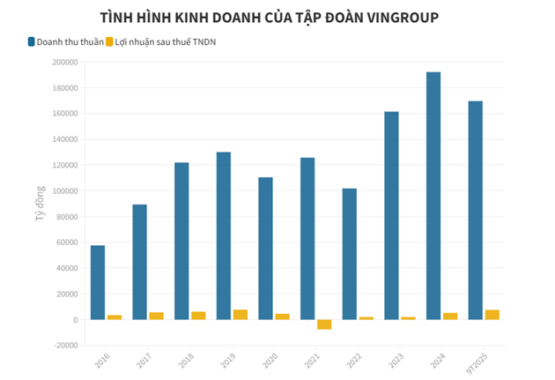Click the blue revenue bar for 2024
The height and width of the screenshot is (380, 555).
click(433, 196)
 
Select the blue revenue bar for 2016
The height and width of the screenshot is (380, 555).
click(97, 282)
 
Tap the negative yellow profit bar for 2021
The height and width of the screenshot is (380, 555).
click(324, 324)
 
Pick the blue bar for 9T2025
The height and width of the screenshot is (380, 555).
click(476, 210)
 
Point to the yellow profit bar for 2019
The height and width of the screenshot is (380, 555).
click(240, 315)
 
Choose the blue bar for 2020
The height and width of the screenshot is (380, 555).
click(265, 248)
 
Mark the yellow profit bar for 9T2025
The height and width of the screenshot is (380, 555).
click(492, 315)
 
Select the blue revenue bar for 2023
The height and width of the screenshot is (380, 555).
click(391, 215)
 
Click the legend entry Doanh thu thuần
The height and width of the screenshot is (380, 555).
click(65, 41)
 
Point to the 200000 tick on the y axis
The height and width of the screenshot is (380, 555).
click(64, 62)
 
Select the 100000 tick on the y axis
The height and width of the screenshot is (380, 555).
click(64, 190)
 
